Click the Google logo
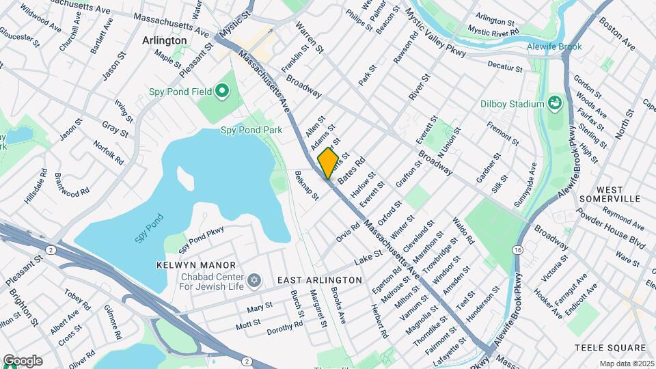[x=23, y=361]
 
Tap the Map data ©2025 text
[x=626, y=364]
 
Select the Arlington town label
[x=164, y=40]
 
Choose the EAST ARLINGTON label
[x=319, y=280]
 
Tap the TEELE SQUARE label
[x=610, y=347]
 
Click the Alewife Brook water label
[x=555, y=47]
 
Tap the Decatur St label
[x=505, y=66]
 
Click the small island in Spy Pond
[x=185, y=176]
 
